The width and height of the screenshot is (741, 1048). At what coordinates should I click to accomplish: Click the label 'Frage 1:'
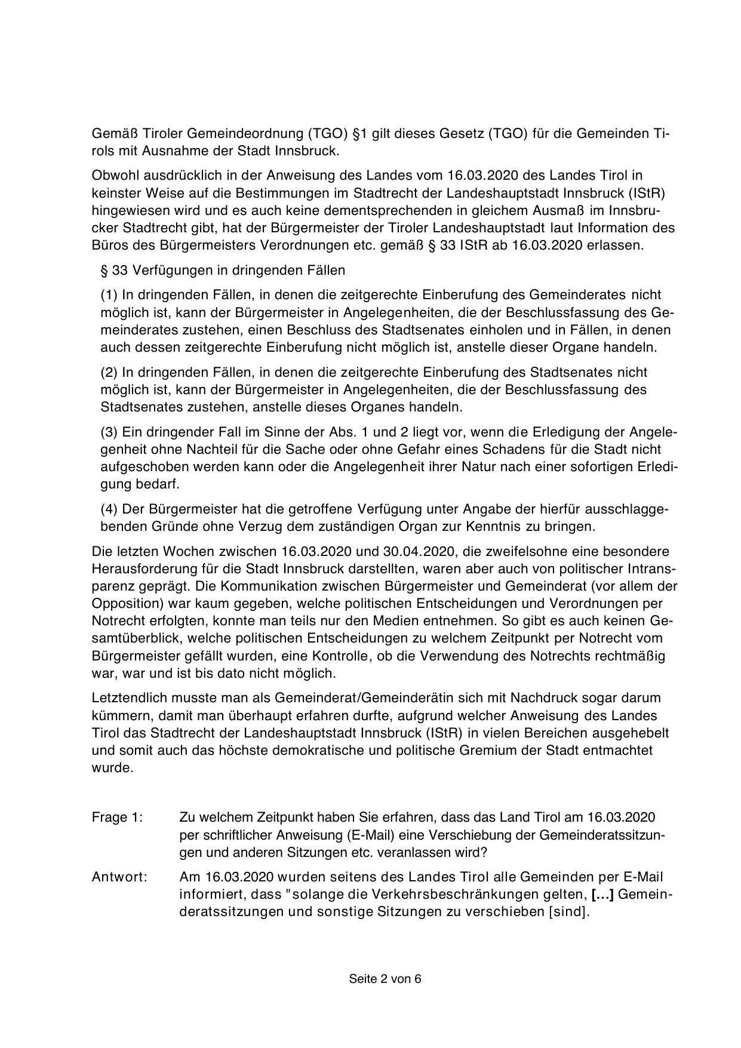[x=117, y=817]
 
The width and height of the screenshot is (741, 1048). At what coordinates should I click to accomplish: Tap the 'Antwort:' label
[x=119, y=877]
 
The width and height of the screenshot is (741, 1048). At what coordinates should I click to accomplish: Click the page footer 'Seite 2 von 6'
[x=385, y=979]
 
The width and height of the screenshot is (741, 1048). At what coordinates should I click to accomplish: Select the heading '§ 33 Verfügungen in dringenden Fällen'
[x=223, y=271]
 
